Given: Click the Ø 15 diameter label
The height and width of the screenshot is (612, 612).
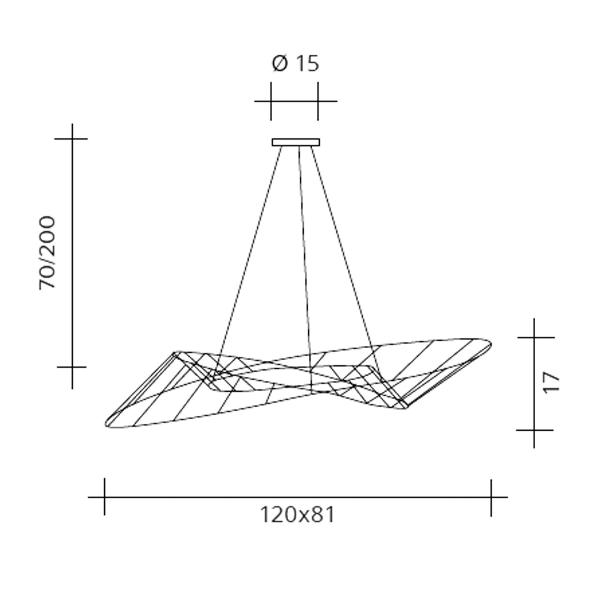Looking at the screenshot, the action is (x=295, y=64).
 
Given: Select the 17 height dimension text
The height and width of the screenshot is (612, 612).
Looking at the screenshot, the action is (x=551, y=382).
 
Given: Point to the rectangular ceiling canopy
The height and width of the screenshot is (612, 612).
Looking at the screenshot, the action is (x=296, y=142).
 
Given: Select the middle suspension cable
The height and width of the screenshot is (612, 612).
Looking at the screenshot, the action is (x=305, y=269).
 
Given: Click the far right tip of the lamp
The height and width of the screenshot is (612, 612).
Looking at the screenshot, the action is (x=491, y=344).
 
